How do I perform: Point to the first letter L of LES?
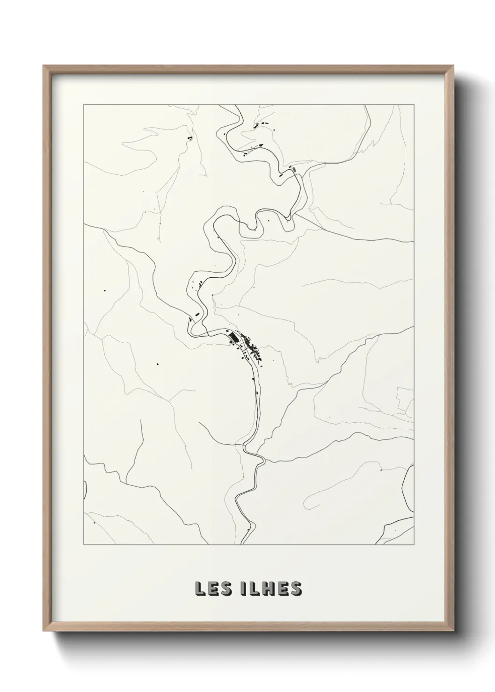tap(199, 589)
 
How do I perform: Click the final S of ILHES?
tap(296, 589)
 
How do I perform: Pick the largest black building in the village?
tap(233, 336)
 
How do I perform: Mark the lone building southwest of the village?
tap(158, 362)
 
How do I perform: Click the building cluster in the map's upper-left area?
tap(189, 138)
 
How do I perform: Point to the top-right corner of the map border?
tap(414, 105)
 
